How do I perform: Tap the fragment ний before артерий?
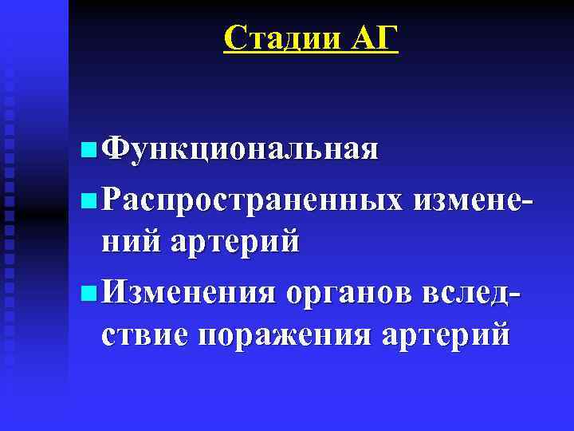(130, 240)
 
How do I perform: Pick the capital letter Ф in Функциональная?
(116, 149)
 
